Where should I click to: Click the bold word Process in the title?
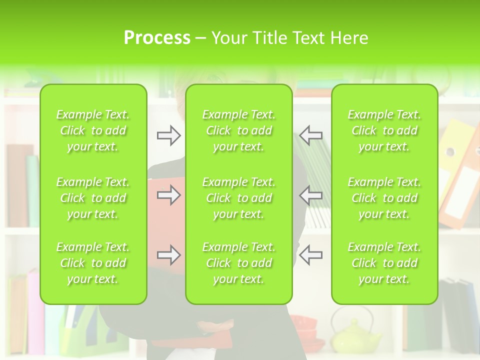click(x=157, y=38)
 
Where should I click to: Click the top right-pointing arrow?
click(x=168, y=135)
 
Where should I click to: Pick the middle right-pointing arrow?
click(x=168, y=195)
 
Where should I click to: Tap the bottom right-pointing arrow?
click(x=168, y=255)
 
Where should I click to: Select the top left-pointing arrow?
click(x=310, y=135)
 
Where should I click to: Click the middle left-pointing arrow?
click(x=310, y=195)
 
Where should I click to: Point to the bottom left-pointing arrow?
click(x=310, y=255)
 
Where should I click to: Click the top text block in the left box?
click(x=93, y=130)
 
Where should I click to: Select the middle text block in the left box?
click(x=93, y=198)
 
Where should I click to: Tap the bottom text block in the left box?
click(x=93, y=263)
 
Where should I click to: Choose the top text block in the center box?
click(x=238, y=130)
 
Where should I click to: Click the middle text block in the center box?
click(x=238, y=198)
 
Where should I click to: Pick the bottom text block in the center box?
click(x=238, y=263)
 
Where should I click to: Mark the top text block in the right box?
click(x=384, y=130)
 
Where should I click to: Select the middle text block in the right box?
click(x=384, y=198)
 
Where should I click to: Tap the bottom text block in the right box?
click(x=384, y=263)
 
